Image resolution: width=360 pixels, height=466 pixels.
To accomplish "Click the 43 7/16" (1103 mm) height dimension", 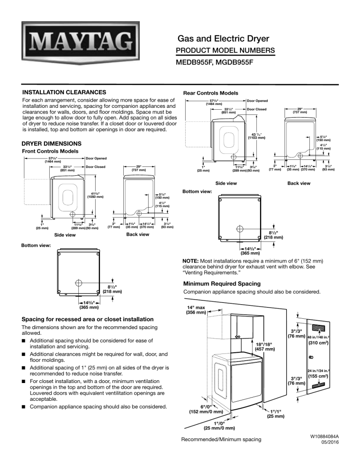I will (255, 135).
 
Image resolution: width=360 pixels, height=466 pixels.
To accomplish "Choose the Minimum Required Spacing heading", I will (219, 283).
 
